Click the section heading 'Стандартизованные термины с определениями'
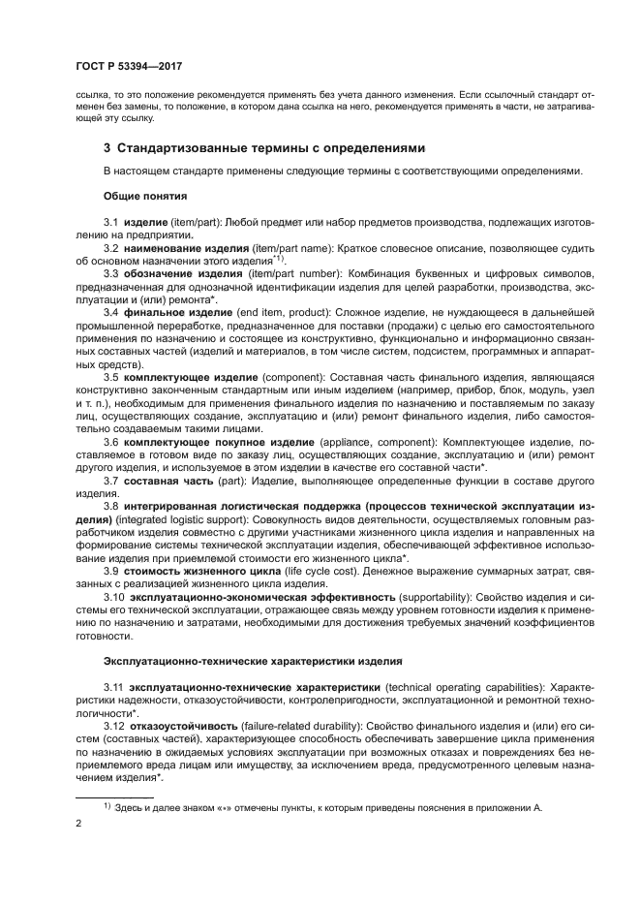tap(271, 147)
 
